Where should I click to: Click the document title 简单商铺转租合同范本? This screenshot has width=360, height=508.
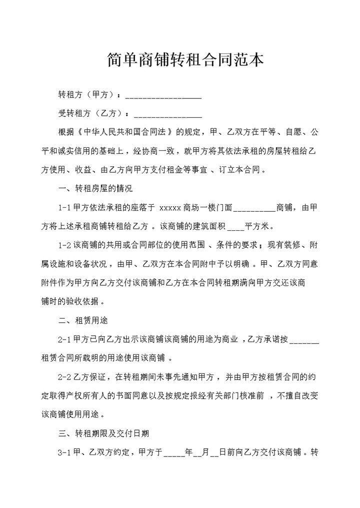click(x=185, y=60)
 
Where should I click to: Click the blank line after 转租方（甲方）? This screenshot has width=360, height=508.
click(x=163, y=96)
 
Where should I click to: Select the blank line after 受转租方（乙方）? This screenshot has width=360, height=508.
click(x=167, y=114)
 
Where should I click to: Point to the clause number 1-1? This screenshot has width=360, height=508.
click(x=65, y=207)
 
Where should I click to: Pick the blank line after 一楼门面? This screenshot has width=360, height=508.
click(x=254, y=208)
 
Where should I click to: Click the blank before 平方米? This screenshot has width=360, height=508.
click(x=235, y=227)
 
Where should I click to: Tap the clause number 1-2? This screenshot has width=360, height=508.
click(x=65, y=245)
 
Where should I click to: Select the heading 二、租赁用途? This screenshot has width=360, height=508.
click(x=83, y=320)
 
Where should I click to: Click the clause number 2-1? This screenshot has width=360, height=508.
click(x=65, y=339)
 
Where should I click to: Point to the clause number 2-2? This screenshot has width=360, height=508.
click(x=65, y=377)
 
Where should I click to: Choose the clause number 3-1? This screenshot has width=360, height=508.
click(x=65, y=452)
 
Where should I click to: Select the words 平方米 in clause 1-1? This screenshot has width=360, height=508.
click(x=256, y=226)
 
